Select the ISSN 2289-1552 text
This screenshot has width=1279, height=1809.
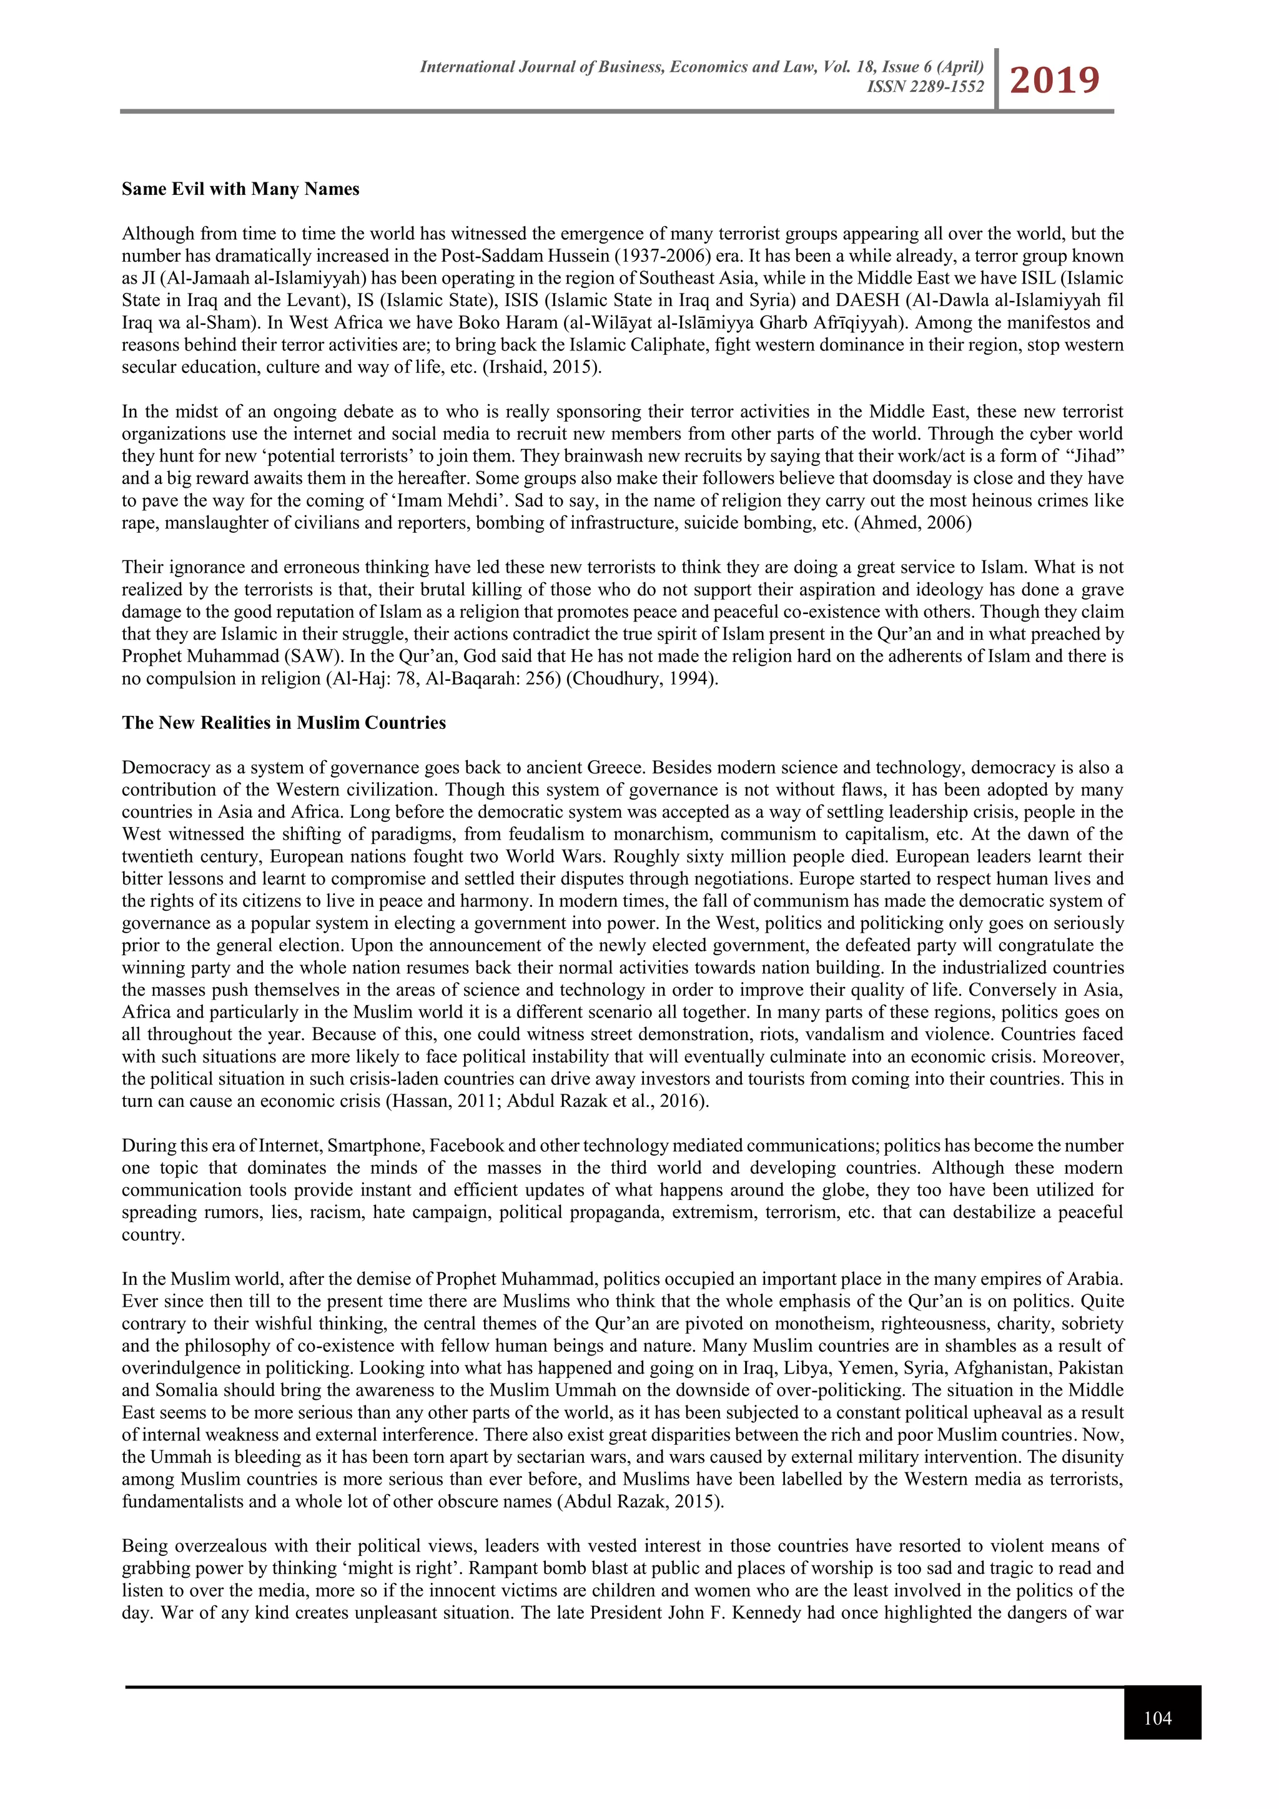point(925,87)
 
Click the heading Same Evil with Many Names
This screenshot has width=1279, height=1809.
point(240,189)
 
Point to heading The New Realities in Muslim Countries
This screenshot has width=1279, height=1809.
point(284,723)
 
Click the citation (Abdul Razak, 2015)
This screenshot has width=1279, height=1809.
point(640,1501)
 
